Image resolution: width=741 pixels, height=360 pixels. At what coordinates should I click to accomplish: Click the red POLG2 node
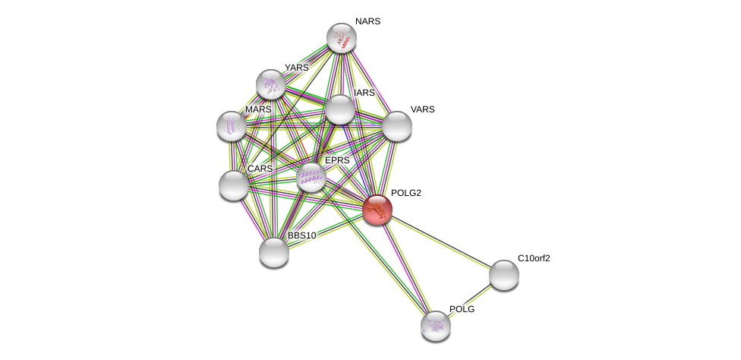[377, 210]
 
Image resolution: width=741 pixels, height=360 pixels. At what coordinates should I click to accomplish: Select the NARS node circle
[342, 38]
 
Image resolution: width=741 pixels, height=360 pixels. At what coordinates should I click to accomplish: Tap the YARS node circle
[271, 84]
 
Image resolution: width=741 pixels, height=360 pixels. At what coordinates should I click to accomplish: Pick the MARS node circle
[232, 126]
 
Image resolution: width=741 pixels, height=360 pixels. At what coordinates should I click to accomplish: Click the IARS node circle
[340, 109]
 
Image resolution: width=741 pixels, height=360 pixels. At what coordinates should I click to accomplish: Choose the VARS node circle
[396, 126]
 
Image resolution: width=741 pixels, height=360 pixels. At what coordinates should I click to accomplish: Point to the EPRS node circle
[311, 177]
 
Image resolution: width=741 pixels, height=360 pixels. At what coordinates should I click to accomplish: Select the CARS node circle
[234, 185]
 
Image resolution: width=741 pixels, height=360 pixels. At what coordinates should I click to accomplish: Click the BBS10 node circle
[274, 252]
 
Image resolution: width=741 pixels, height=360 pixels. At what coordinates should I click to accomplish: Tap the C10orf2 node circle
[503, 275]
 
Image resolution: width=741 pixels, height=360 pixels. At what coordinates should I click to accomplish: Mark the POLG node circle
[436, 326]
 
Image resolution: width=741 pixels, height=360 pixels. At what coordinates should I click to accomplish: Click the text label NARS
[367, 21]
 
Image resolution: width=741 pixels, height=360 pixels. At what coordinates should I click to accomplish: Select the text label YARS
[297, 68]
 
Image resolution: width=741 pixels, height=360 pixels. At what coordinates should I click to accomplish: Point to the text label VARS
[422, 109]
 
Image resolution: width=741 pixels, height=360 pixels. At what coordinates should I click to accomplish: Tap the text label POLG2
[406, 193]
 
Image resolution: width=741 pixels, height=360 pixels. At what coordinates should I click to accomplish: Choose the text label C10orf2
[534, 258]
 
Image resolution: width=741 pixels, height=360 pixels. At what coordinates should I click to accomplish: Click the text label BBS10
[301, 235]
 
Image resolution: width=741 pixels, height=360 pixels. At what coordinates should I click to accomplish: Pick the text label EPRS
[337, 160]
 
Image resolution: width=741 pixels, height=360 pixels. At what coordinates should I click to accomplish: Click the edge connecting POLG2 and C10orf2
[440, 242]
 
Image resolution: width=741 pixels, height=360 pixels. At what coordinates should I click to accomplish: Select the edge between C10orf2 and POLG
[470, 301]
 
